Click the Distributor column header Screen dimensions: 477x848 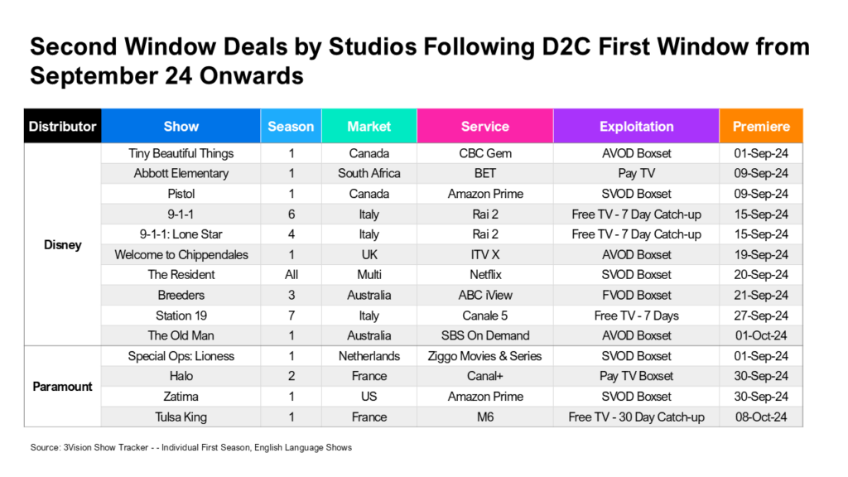click(62, 127)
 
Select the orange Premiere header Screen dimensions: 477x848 click(761, 127)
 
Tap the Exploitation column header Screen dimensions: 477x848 click(636, 127)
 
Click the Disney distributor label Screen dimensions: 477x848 click(62, 245)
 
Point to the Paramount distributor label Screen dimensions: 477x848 click(62, 387)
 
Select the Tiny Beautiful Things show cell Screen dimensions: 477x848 click(181, 153)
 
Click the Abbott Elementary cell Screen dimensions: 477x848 click(181, 173)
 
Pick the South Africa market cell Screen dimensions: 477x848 click(369, 173)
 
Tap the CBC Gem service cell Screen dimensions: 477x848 click(484, 153)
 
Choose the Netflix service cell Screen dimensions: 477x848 click(484, 274)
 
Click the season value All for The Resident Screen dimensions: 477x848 click(291, 274)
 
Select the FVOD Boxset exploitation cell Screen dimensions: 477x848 click(636, 295)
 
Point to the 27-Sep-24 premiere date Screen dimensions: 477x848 click(761, 315)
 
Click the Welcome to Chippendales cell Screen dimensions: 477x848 click(181, 254)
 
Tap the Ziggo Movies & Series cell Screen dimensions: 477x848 click(484, 356)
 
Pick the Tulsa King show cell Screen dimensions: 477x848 click(181, 417)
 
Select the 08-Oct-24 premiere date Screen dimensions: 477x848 click(761, 417)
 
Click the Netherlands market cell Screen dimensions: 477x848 click(369, 356)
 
